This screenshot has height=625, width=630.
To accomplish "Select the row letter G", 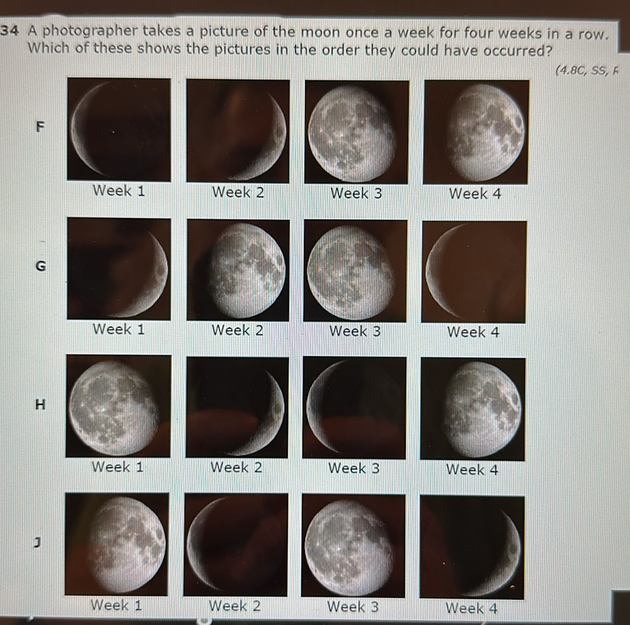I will pos(41,266).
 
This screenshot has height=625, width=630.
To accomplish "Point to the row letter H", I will pos(41,404).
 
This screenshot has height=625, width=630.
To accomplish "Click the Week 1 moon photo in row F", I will pos(119,130).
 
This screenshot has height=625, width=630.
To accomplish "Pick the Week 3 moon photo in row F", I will pos(356,132).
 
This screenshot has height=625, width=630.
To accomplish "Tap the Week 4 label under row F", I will pos(475,194).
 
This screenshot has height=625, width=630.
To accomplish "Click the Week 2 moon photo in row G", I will pos(238,270).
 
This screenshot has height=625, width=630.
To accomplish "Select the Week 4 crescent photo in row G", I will pos(474,272).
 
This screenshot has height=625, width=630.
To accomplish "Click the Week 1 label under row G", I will pos(119,329).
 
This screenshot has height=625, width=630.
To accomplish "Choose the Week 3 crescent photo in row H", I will pos(354,408).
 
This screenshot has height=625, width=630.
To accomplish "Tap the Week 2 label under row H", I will pos(236,468).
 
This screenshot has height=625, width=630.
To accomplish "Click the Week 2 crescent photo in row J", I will pos(236,545).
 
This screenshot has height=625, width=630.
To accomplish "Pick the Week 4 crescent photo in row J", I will pos(472,547).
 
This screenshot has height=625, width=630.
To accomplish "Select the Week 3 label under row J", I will pos(353,606).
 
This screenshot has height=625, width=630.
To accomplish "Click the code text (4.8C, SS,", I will pos(588,71).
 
